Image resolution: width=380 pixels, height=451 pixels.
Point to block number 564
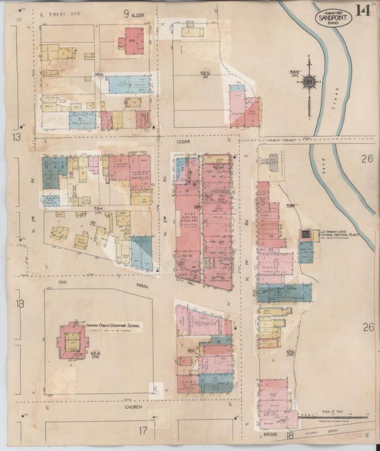tap(99, 74)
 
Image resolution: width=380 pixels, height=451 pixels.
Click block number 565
tap(205, 73)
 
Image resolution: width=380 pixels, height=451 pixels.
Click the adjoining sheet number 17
tap(143, 430)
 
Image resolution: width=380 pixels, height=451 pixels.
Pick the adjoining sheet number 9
tap(125, 13)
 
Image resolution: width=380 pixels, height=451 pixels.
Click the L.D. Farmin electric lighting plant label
tap(332, 233)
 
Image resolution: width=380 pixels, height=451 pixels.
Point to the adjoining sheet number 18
tap(289, 434)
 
